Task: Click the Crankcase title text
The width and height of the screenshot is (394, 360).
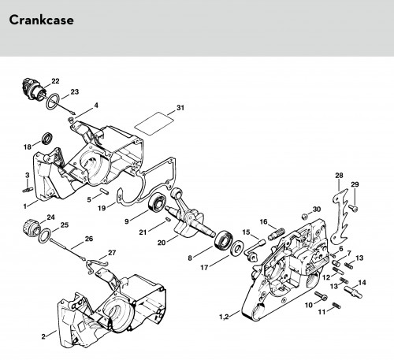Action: point(41,20)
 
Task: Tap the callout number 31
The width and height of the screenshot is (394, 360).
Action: point(180,108)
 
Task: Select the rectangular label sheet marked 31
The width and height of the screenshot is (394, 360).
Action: point(154,124)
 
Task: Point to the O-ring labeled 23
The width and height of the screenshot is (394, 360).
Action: point(53,102)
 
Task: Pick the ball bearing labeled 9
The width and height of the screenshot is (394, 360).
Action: point(157,202)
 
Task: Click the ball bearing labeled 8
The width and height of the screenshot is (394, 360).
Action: point(224,239)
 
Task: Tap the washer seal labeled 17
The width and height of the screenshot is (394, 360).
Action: point(237,247)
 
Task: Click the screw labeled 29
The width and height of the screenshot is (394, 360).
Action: point(354,208)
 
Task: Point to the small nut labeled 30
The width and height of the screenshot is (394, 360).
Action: point(305,217)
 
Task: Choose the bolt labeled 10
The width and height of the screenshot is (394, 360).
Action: point(321,295)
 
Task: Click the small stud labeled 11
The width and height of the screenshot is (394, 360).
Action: point(336,306)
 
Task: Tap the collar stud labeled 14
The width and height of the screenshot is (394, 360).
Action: point(353,291)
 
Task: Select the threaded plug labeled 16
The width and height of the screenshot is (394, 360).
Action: point(276,234)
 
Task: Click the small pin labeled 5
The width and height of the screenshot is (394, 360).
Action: point(104,191)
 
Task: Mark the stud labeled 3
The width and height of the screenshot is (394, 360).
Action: point(28,189)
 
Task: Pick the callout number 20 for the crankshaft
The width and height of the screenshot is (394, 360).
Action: point(162,243)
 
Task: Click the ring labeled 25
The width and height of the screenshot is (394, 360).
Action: point(45,236)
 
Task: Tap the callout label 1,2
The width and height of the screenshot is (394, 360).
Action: point(224,317)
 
